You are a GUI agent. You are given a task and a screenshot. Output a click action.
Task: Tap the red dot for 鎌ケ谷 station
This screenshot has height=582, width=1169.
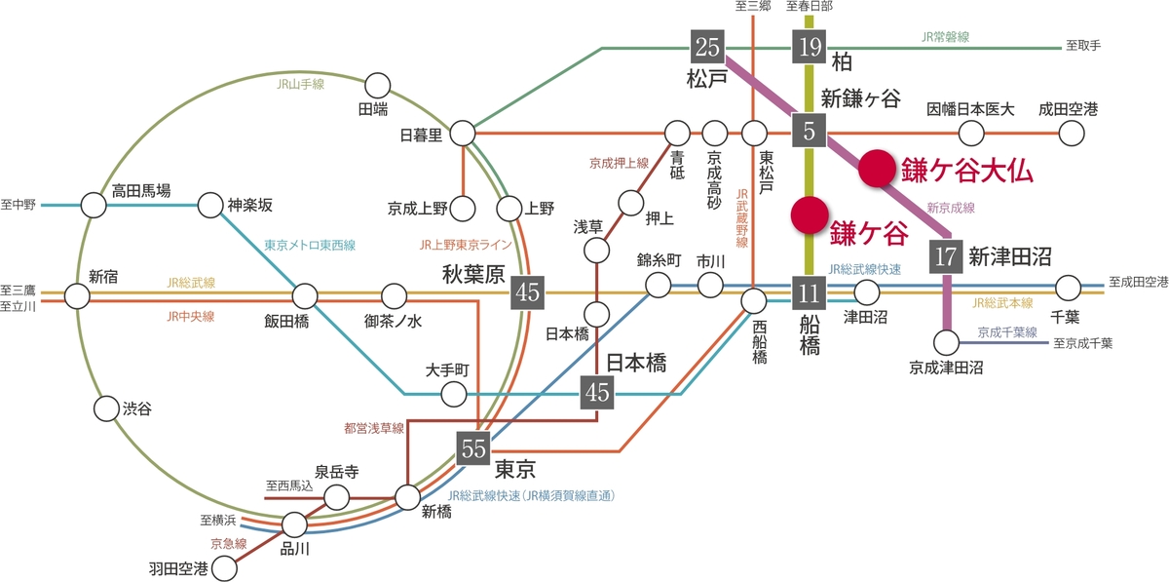[x=809, y=215]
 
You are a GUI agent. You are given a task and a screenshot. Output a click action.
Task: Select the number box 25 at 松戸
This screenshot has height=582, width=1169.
[x=708, y=46]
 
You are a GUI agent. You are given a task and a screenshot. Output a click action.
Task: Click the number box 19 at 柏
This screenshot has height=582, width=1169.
[x=809, y=46]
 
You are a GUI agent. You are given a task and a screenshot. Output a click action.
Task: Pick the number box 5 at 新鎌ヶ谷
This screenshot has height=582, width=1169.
[x=809, y=131]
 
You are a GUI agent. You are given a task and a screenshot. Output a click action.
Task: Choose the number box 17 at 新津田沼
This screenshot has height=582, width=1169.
[x=945, y=257]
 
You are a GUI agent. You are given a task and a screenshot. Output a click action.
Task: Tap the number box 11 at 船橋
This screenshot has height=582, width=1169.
[x=809, y=291]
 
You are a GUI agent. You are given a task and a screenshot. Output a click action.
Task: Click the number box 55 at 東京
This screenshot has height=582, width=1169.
[x=473, y=449]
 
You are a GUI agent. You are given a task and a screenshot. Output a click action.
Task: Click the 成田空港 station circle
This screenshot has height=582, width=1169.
[x=1072, y=133]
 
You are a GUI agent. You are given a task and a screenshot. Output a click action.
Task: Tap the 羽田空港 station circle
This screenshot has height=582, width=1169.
[x=225, y=567]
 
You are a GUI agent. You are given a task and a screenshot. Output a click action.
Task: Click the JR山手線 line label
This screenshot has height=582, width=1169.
[x=300, y=85]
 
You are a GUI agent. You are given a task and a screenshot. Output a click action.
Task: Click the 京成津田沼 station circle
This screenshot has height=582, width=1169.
[x=945, y=342]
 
